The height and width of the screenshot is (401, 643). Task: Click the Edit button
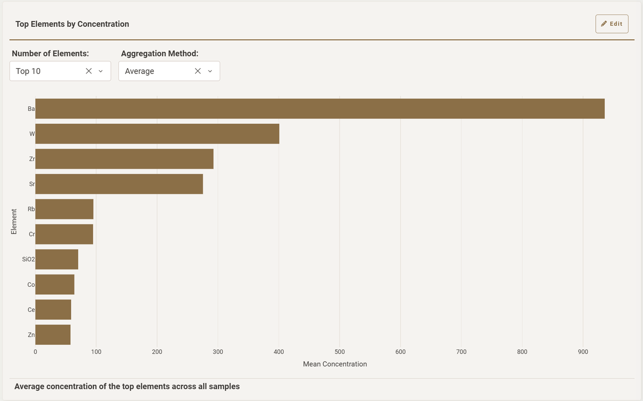click(611, 24)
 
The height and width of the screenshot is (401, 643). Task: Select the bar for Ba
click(319, 109)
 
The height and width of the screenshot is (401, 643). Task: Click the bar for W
click(157, 134)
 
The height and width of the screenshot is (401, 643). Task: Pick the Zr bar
click(124, 159)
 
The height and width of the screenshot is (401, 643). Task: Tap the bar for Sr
click(119, 184)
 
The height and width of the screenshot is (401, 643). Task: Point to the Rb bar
click(64, 209)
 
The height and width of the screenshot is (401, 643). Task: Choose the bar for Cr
click(64, 234)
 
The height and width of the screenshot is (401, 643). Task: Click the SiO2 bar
click(57, 259)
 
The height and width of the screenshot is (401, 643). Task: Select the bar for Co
click(55, 284)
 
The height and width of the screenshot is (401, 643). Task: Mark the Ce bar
click(53, 309)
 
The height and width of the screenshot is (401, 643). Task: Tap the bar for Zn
click(53, 335)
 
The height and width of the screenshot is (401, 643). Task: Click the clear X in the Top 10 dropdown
click(89, 71)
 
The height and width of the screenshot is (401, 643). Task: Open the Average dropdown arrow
click(210, 71)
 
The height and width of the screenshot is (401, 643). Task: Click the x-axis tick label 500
click(339, 352)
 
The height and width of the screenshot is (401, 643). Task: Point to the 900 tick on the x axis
click(583, 352)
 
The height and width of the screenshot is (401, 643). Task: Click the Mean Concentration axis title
click(335, 364)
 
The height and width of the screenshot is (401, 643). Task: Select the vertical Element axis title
click(14, 221)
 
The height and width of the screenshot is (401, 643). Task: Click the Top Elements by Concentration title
click(72, 24)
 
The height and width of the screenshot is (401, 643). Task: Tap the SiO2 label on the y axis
click(28, 259)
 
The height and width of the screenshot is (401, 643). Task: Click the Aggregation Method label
click(160, 54)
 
